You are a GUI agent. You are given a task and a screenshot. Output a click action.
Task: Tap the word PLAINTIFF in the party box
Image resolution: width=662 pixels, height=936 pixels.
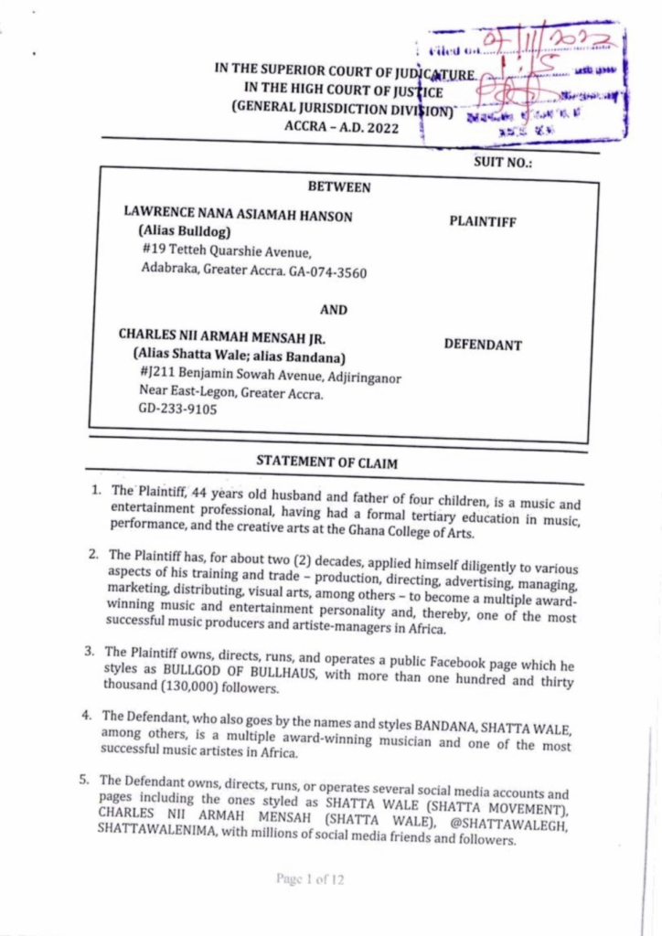[x=483, y=221]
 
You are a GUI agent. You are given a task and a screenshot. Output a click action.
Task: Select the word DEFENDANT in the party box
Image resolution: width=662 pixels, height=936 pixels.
[x=483, y=346]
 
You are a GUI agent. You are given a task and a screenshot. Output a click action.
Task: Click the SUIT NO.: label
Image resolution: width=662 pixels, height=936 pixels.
[x=503, y=163]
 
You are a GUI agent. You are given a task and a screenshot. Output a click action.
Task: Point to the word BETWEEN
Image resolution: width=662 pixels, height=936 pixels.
[x=339, y=187]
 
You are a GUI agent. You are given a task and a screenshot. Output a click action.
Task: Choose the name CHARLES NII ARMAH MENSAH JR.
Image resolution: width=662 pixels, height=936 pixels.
[x=222, y=336]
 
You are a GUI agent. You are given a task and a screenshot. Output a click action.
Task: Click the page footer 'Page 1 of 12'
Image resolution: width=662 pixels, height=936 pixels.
[x=311, y=879]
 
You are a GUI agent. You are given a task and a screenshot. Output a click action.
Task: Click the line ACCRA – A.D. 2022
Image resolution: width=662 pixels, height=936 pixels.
[x=342, y=128]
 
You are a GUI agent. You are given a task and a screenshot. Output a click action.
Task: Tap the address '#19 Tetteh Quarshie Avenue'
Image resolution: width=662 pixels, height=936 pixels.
[x=228, y=251]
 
